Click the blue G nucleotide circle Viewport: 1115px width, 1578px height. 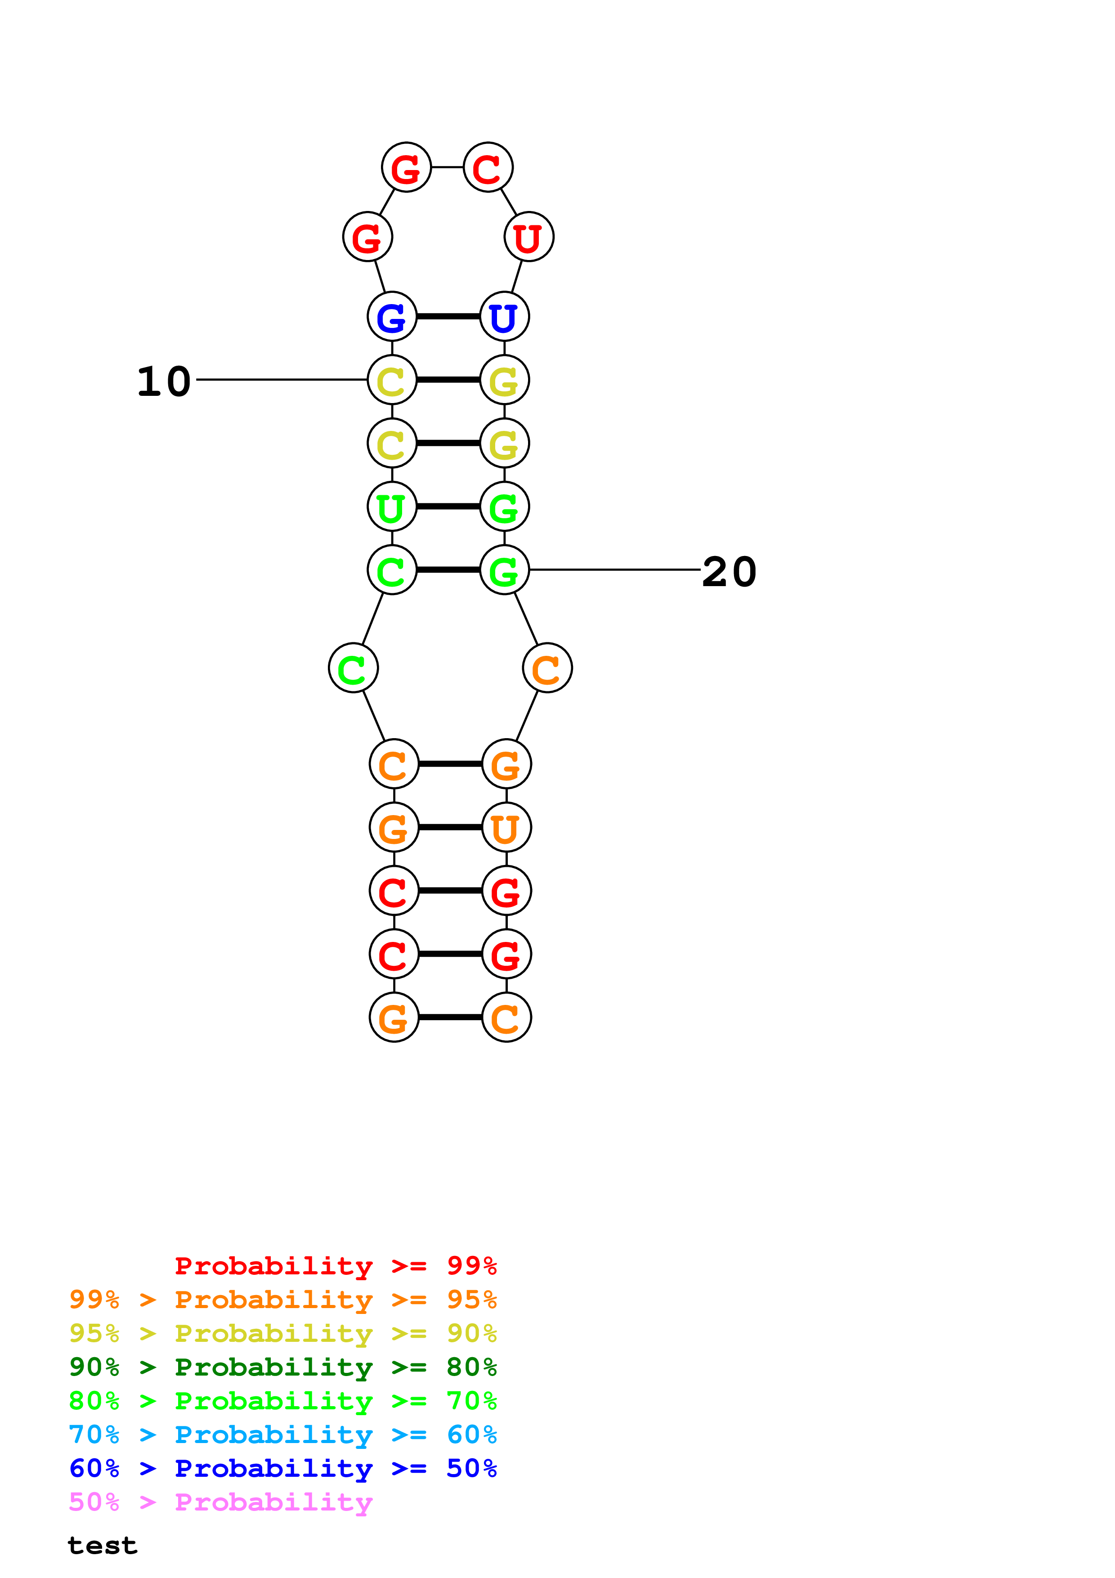point(392,316)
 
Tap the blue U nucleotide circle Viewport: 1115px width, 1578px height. point(504,316)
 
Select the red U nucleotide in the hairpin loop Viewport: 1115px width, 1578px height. point(528,237)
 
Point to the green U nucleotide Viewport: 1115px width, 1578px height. point(392,507)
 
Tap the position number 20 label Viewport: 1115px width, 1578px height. point(729,571)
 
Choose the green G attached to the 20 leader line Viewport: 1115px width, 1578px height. point(504,570)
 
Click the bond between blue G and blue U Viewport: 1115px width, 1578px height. point(448,316)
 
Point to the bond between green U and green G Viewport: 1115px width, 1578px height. point(448,507)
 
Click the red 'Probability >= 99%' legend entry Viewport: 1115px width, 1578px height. point(335,1265)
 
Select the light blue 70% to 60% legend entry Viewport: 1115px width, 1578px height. point(282,1435)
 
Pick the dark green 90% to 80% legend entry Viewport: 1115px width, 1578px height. point(282,1367)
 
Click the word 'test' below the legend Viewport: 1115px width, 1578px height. point(103,1546)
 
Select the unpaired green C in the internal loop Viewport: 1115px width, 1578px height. point(353,668)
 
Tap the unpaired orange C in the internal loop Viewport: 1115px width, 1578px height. point(547,668)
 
